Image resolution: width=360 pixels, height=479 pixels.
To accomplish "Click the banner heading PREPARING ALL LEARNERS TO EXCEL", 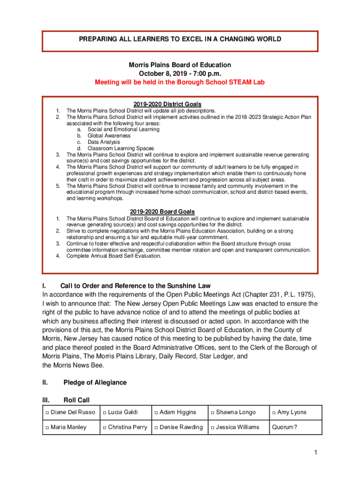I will (x=180, y=39).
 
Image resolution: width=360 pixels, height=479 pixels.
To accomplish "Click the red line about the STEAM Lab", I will (x=180, y=82).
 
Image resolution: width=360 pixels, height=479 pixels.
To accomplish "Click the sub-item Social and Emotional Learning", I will (x=123, y=130).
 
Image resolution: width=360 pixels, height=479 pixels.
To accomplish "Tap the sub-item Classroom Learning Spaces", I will (x=121, y=148).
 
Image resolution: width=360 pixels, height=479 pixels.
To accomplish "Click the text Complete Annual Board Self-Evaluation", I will (x=114, y=256).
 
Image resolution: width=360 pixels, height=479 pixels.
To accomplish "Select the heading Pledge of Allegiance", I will (x=95, y=382).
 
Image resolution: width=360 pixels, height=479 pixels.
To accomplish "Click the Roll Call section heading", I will (x=76, y=400).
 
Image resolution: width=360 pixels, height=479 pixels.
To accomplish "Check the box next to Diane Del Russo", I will (x=47, y=413).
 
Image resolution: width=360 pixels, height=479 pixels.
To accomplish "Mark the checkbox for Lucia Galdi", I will (x=105, y=413).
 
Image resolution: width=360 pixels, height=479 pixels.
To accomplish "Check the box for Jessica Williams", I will (x=213, y=428).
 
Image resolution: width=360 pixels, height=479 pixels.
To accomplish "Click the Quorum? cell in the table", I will (x=284, y=427).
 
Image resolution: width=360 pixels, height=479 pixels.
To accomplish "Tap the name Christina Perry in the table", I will (x=128, y=427).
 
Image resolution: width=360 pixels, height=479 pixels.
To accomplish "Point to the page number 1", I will (x=316, y=452).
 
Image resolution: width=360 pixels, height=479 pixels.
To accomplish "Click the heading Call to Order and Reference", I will (x=136, y=286).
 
